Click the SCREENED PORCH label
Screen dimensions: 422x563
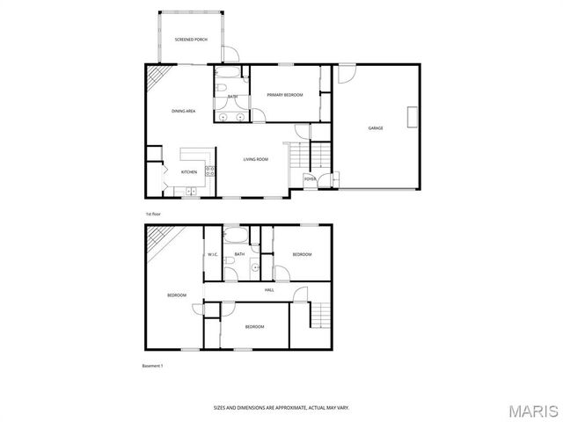[x=191, y=40]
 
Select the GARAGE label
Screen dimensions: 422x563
[x=375, y=128]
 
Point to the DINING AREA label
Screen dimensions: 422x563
[x=183, y=111]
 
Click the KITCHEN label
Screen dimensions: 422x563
[x=189, y=172]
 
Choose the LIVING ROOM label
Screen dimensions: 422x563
[x=256, y=159]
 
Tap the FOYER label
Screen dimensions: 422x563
[x=310, y=179]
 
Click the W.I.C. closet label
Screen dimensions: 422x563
[x=213, y=255]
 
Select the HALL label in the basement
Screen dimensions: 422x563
[x=269, y=289]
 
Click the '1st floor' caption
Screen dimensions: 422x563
[x=153, y=214]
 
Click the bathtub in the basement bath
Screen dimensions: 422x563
[x=236, y=236]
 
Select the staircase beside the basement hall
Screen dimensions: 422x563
[x=321, y=316]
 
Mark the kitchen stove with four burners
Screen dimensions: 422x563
[x=210, y=171]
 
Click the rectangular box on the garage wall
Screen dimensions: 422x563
[x=410, y=118]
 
